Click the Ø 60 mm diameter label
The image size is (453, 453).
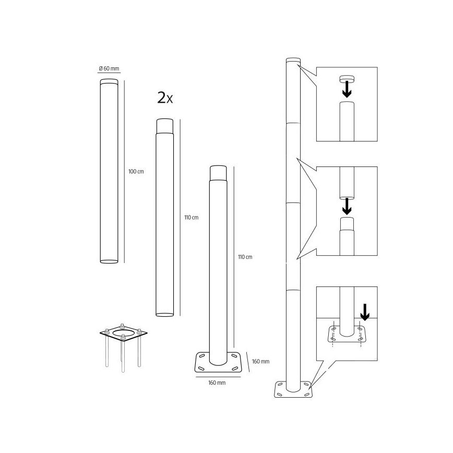[x=110, y=69]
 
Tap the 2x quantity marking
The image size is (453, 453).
[x=165, y=98]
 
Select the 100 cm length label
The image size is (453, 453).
[x=136, y=171]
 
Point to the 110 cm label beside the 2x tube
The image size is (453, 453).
[x=192, y=217]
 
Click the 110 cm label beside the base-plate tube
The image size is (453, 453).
[x=245, y=257]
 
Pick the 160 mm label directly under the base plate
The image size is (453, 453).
[x=217, y=383]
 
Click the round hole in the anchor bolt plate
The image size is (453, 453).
[x=123, y=332]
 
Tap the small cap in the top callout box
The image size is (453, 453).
[x=347, y=79]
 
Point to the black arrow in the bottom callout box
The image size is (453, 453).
[x=365, y=312]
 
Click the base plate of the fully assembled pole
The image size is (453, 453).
[x=293, y=389]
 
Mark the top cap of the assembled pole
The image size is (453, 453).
[x=293, y=60]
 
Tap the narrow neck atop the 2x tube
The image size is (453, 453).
[x=164, y=126]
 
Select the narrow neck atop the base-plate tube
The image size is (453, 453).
[x=218, y=173]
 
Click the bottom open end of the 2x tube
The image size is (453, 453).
[x=164, y=314]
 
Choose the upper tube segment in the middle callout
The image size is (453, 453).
[x=347, y=182]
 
